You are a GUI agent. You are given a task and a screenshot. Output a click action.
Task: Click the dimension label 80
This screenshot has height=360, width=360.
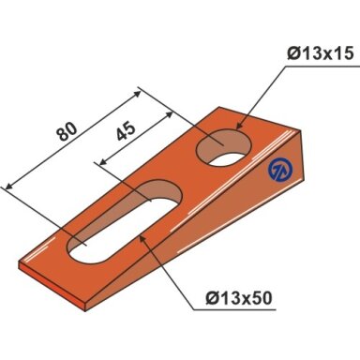tap(67, 131)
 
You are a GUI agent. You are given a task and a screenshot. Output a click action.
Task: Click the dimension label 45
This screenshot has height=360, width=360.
tap(126, 130)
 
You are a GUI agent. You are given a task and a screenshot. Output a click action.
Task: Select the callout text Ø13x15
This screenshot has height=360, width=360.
tap(321, 53)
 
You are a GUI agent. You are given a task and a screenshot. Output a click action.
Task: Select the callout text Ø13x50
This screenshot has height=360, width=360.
tap(239, 298)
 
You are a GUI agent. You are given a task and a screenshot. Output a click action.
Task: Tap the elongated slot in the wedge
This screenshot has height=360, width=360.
tap(125, 220)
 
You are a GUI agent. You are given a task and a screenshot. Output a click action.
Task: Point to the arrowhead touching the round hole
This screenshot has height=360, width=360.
tap(239, 125)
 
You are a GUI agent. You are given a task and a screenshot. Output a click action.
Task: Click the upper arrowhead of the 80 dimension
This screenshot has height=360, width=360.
tap(137, 94)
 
